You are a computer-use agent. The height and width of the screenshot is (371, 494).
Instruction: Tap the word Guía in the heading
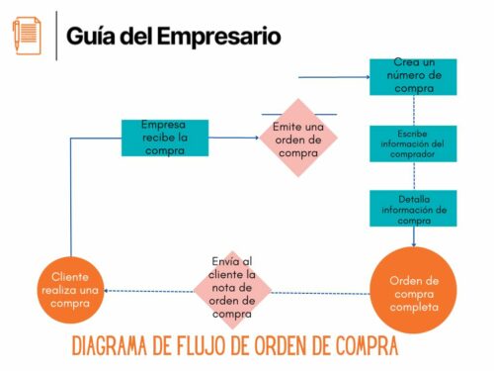click(x=90, y=37)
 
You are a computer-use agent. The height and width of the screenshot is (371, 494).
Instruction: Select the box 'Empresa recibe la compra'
click(x=165, y=138)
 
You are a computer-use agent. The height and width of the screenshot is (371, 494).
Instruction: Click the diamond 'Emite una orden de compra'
click(x=298, y=138)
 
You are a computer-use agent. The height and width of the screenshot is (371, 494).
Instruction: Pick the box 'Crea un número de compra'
click(x=413, y=76)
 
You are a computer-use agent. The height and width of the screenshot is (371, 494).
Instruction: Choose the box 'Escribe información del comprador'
click(x=413, y=144)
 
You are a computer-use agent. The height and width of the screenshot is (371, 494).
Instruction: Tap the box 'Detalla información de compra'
click(x=413, y=209)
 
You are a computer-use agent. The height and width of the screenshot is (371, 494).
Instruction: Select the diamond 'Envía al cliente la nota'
click(x=231, y=288)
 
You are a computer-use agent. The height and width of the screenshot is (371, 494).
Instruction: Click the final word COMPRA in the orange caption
click(x=365, y=346)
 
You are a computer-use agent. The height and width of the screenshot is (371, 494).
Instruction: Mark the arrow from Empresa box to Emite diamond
click(x=237, y=139)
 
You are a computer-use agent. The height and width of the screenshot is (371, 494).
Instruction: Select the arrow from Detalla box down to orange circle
click(x=413, y=237)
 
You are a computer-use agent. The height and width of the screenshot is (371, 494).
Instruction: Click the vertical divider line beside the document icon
click(x=55, y=36)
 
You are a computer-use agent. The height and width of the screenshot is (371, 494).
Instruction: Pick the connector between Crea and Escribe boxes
click(x=413, y=109)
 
